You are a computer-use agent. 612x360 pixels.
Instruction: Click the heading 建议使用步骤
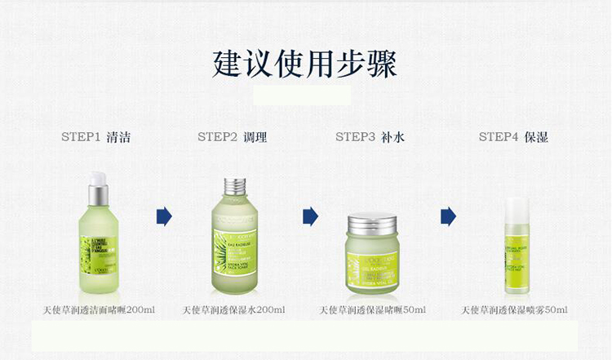coord(305,64)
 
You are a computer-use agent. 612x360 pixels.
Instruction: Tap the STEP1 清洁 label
coord(95,137)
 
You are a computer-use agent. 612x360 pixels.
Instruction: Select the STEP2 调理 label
coord(233,137)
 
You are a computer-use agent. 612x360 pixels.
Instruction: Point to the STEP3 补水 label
coord(370,137)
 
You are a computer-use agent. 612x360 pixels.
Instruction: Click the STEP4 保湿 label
coord(513,137)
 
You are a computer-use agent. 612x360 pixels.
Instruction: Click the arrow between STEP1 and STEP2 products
coord(164,216)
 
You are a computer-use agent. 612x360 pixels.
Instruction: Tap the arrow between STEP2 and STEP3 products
coord(310,216)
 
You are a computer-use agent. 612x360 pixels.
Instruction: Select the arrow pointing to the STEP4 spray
coord(448,216)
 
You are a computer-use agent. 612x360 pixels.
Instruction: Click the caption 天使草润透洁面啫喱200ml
coord(99,310)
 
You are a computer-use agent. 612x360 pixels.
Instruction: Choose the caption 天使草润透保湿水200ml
coord(233,310)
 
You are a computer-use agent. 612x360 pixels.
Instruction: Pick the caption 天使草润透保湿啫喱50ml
coord(372,310)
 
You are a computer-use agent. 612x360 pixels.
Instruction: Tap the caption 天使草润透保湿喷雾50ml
coord(514,310)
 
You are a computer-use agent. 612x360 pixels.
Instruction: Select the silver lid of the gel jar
coord(371,222)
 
